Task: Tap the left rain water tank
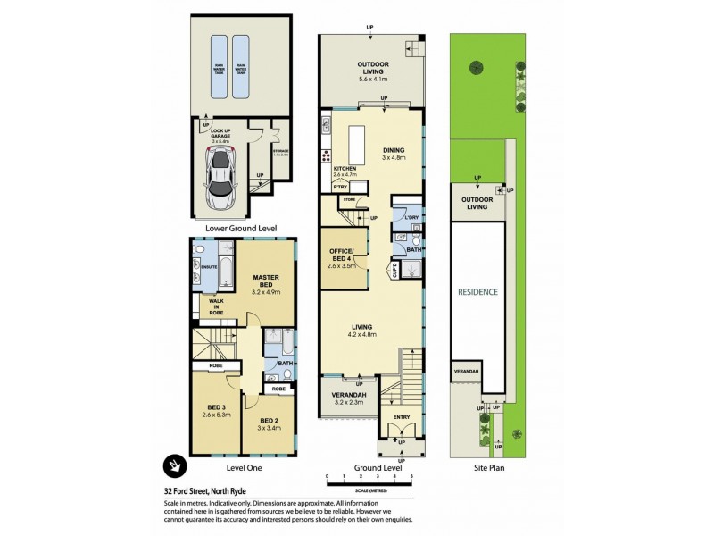(x=218, y=67)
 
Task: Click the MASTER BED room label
(x=267, y=278)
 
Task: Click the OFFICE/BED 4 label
(x=344, y=255)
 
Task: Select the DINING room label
(x=394, y=150)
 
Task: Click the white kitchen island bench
(x=358, y=144)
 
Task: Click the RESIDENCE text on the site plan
(x=478, y=292)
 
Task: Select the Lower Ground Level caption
(x=239, y=229)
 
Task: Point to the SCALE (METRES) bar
(x=369, y=483)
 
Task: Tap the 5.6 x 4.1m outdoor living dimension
(x=376, y=80)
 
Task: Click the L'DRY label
(x=411, y=217)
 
